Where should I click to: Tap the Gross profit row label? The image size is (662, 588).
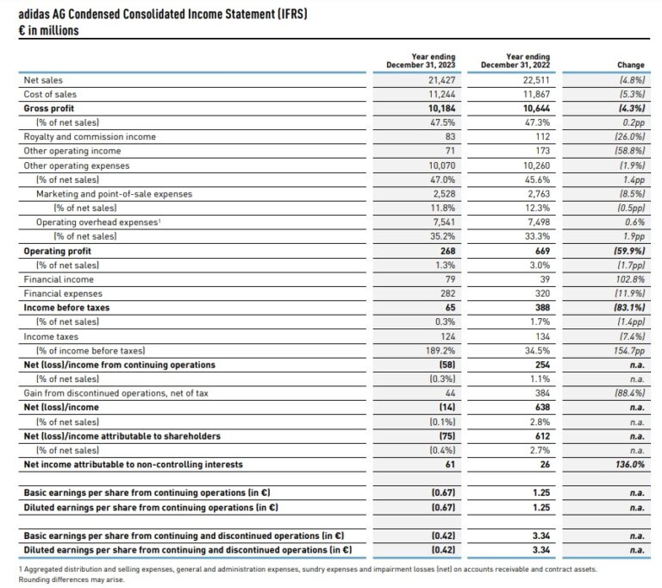(x=49, y=109)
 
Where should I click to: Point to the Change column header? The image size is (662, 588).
(x=630, y=65)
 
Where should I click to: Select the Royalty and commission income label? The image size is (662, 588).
(x=90, y=136)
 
